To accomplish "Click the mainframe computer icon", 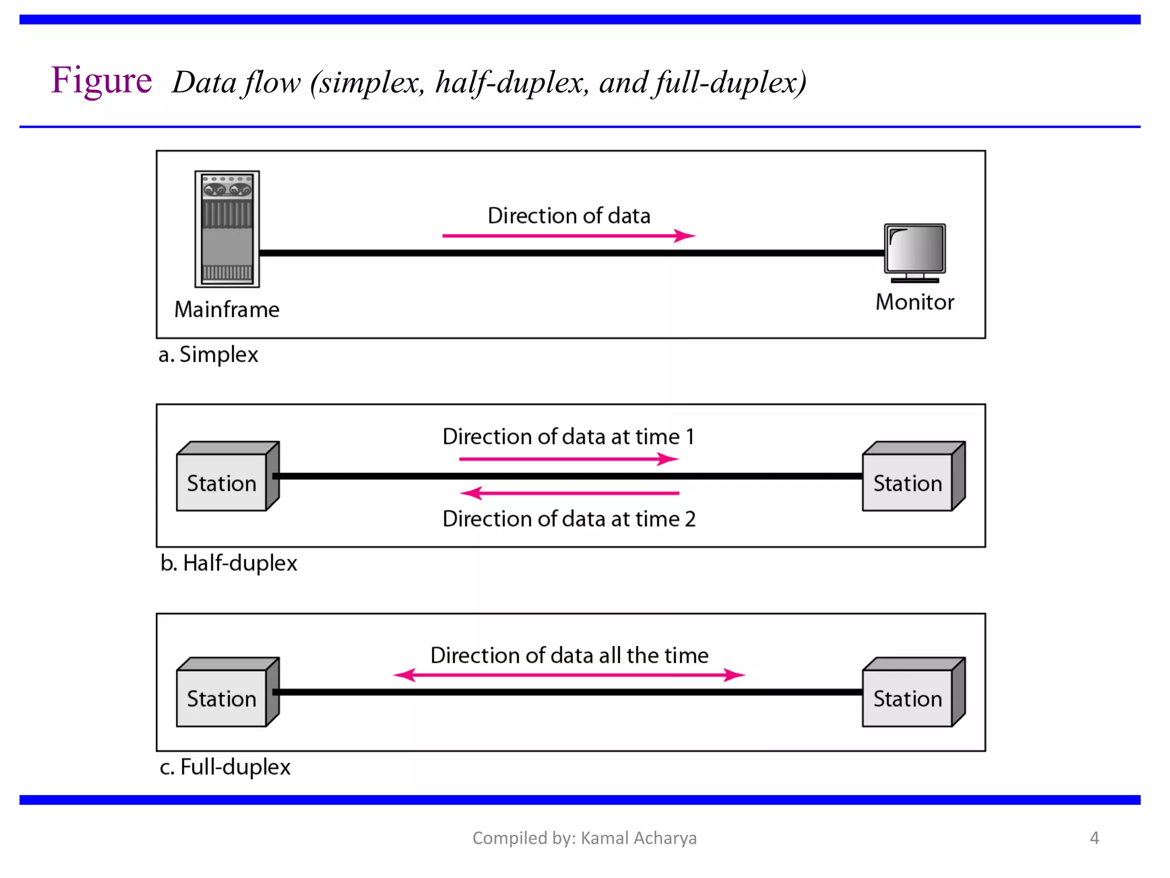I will point(227,229).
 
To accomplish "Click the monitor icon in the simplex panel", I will point(915,252).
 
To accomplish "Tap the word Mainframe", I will point(227,310).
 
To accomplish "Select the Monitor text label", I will point(915,302).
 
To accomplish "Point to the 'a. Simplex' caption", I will point(209,355).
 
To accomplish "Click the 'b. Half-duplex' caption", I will point(229,564).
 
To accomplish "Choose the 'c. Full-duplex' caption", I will point(225,767).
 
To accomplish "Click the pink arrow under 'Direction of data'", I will point(568,236).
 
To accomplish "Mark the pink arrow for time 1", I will point(568,459).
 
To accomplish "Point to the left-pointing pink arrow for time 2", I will point(568,493).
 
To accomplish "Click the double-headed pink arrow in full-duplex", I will point(569,675).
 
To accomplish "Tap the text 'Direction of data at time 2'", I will point(569,519).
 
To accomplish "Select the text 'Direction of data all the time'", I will point(569,656).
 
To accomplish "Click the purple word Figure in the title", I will point(102,81).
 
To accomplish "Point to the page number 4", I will point(1094,838).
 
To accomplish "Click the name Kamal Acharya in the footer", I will point(639,838).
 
